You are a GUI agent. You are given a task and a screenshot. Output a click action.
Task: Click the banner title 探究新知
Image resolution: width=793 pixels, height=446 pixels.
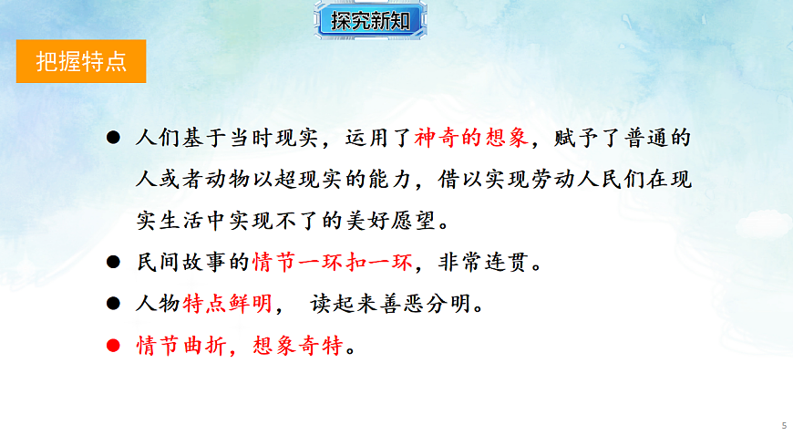[x=370, y=21]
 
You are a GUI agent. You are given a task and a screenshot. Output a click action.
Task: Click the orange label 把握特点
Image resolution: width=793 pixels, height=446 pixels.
[x=81, y=61]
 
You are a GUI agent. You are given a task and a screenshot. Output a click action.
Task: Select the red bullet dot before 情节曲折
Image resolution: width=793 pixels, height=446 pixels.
[x=113, y=347]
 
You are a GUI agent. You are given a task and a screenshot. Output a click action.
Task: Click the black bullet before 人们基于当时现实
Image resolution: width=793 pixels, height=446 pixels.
[x=113, y=138]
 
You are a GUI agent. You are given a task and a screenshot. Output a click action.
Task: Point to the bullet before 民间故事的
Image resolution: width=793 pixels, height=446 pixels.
[x=113, y=263]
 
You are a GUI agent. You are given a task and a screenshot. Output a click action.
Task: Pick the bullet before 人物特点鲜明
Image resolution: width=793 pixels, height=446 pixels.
[x=113, y=305]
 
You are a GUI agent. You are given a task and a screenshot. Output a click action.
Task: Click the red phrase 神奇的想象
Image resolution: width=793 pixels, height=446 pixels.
[x=470, y=139]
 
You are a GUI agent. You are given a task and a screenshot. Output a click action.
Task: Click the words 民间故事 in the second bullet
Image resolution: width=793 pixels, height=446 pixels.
[x=180, y=264]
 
